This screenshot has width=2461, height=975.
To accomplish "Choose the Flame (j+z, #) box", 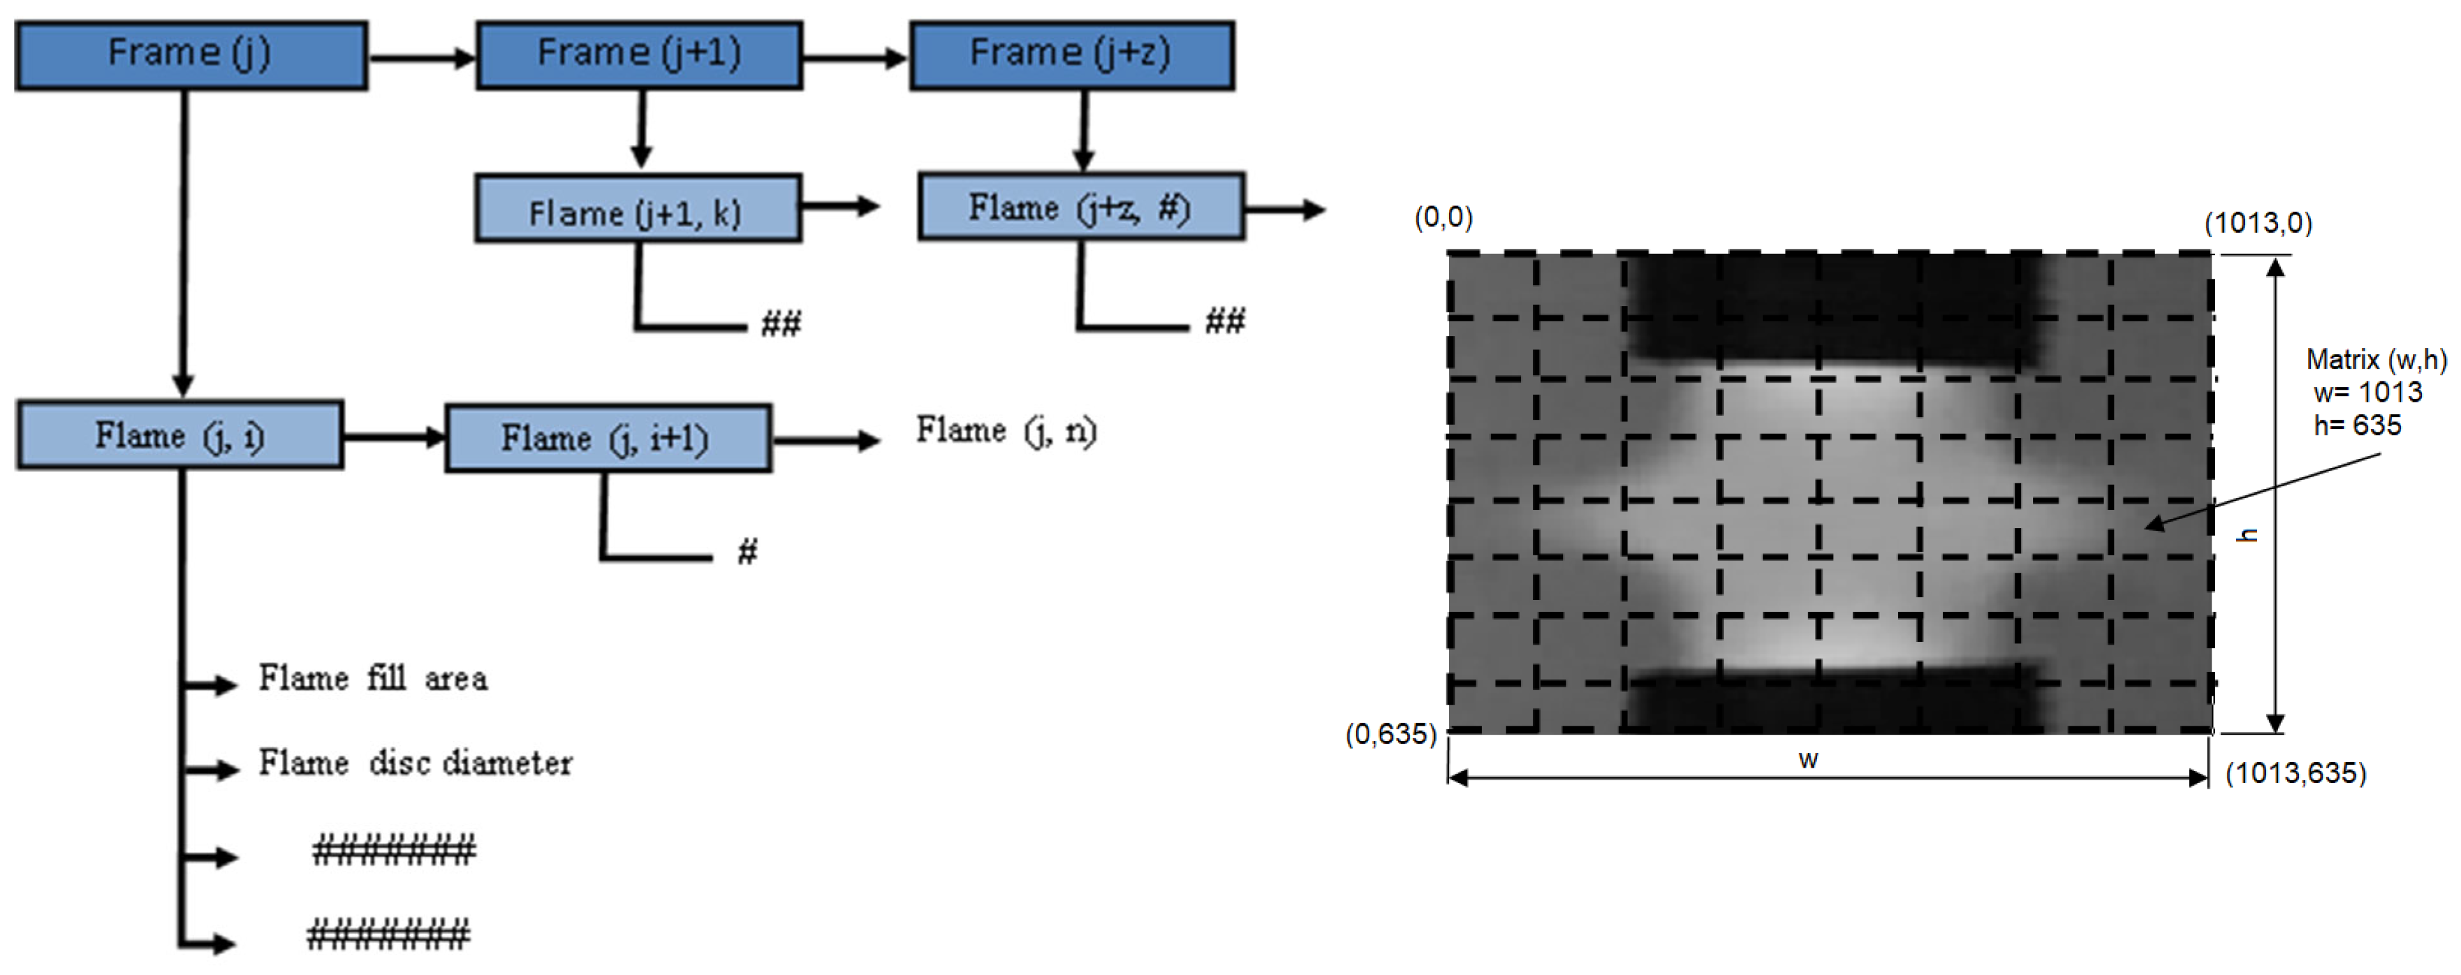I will click(1080, 206).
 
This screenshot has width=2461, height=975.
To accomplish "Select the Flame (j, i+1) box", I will click(608, 438).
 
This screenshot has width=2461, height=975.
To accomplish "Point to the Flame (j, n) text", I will click(1006, 430).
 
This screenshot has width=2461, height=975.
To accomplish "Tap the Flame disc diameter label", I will click(416, 763).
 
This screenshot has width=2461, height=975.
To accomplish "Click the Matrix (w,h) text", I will click(2376, 360).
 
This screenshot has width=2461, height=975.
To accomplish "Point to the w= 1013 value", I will click(2367, 392).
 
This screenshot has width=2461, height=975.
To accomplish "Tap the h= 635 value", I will click(2357, 425).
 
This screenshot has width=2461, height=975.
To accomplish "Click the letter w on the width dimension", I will click(1807, 760).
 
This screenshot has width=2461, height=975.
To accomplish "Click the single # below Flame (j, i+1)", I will click(747, 551).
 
